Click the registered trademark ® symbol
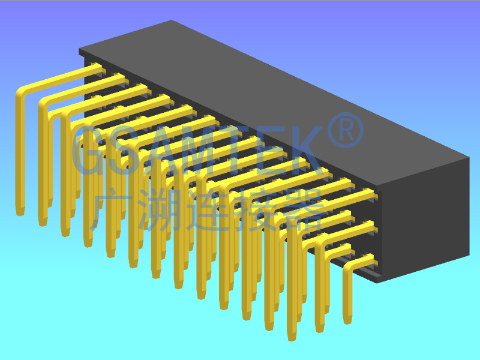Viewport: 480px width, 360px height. (346, 130)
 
